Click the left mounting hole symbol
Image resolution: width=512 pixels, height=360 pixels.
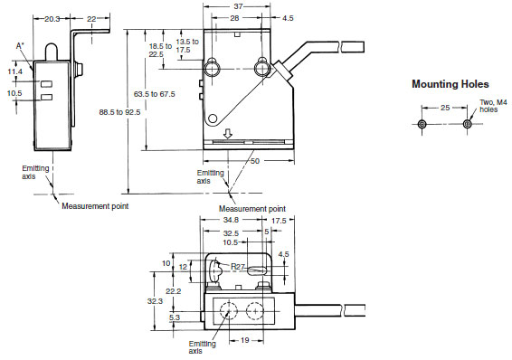coord(422,124)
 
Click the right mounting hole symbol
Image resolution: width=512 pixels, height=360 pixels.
coord(467,124)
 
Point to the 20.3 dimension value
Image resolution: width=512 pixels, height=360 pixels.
coord(52,17)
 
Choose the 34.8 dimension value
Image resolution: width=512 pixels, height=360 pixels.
coord(232,220)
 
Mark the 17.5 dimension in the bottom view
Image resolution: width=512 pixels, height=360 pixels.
coord(277,220)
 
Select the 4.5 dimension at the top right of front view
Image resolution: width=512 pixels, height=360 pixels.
coord(288,17)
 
